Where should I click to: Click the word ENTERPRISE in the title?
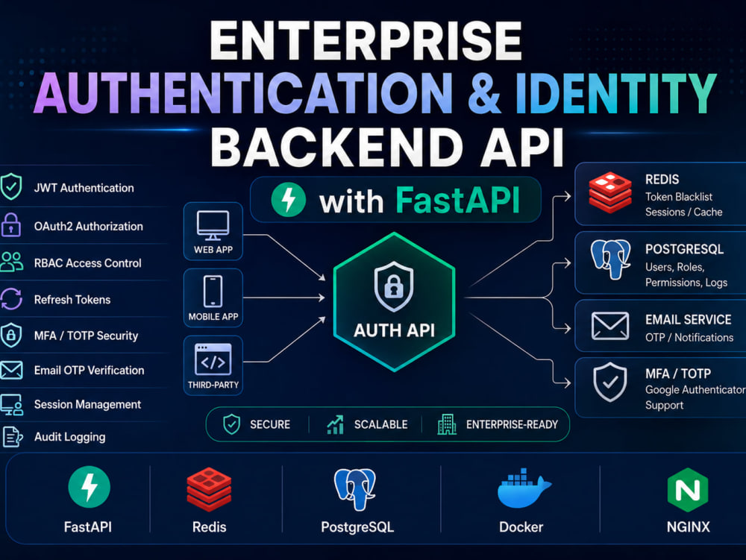point(366,41)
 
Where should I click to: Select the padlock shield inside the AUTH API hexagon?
point(393,286)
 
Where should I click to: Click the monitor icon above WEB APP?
point(213,225)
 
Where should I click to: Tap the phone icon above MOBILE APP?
point(213,292)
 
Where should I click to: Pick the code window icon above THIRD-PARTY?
point(213,359)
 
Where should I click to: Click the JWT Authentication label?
point(84,188)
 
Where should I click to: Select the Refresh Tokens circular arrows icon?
point(11,299)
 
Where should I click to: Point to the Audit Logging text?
point(70,437)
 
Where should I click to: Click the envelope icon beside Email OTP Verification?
point(11,370)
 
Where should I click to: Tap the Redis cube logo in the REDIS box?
point(610,192)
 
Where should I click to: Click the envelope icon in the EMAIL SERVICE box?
point(610,326)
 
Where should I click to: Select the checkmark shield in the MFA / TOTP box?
point(610,383)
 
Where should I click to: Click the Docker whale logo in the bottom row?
point(524,488)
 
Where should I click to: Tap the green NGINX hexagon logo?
point(688,490)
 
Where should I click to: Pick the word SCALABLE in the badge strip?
point(380,424)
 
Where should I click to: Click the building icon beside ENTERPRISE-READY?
point(447,424)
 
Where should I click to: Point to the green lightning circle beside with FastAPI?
point(288,200)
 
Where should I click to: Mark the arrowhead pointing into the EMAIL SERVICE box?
point(567,328)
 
